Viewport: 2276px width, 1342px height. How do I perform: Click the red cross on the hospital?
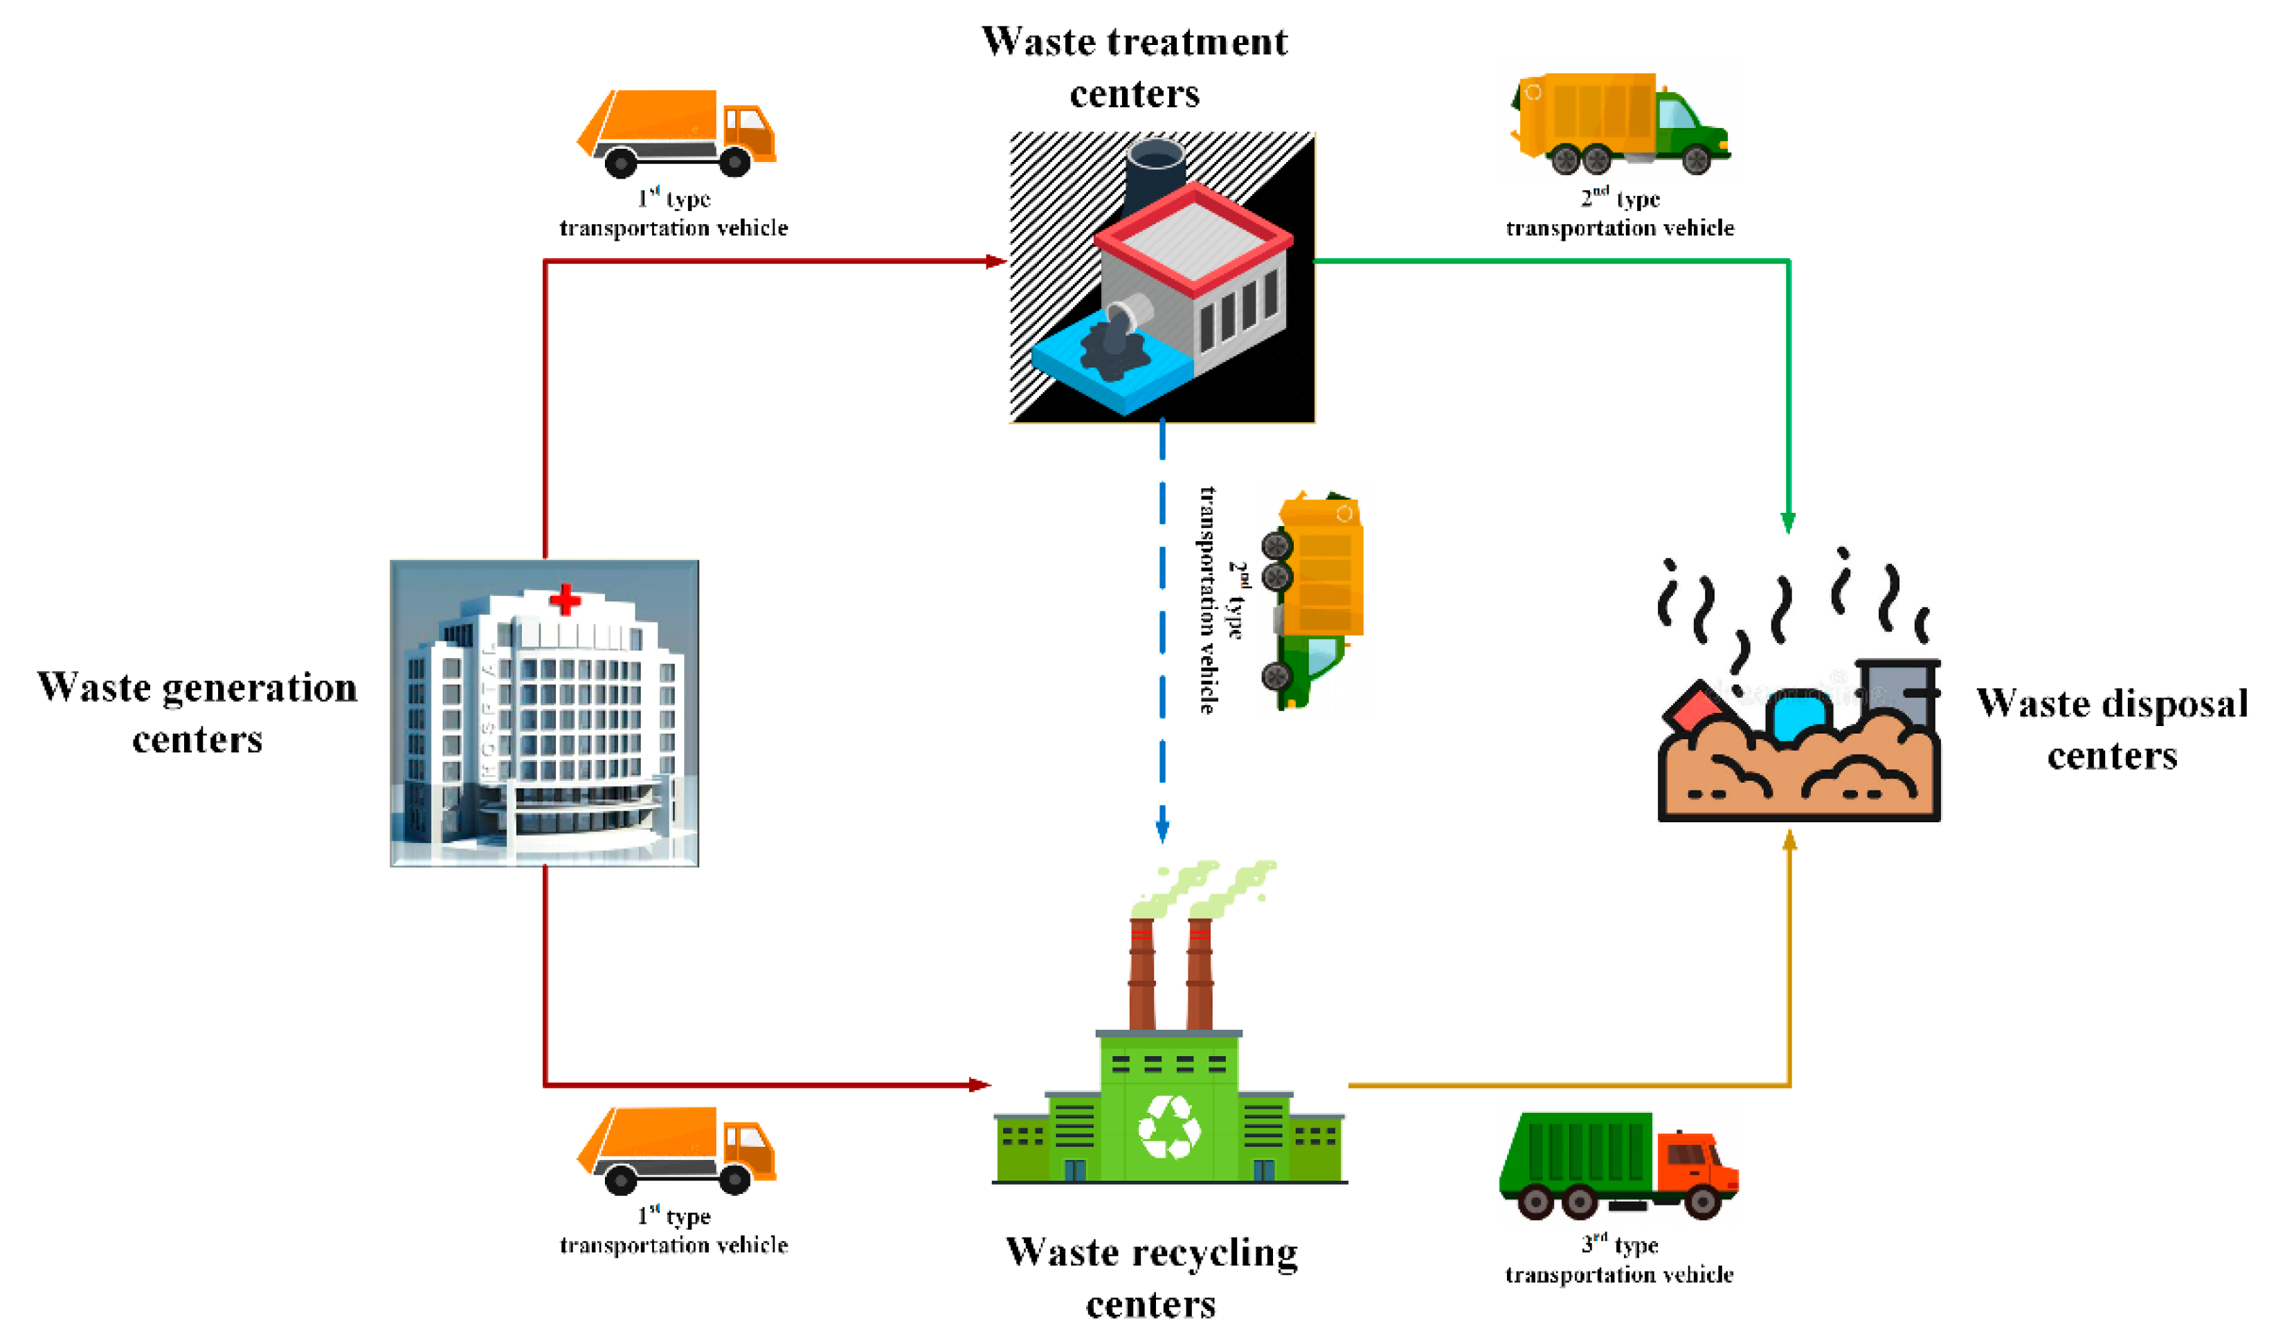point(565,599)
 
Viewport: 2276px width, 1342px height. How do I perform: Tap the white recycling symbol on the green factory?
point(1169,1127)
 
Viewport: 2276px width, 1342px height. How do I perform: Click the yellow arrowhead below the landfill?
point(1789,841)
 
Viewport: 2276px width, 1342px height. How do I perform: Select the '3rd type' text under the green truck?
point(1618,1245)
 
